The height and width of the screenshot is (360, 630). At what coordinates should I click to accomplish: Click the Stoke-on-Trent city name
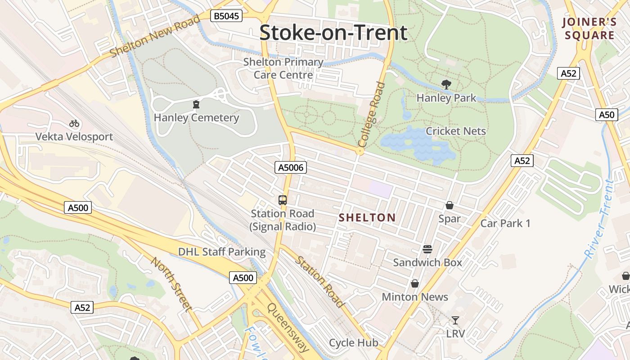[333, 33]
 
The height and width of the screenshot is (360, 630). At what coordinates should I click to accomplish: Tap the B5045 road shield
[226, 16]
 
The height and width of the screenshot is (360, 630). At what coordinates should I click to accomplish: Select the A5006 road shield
[291, 168]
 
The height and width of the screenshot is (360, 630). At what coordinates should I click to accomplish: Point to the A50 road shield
[606, 115]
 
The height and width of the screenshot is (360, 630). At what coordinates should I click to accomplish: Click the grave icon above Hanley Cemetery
[196, 105]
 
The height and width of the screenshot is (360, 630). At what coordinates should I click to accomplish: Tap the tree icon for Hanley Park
[446, 85]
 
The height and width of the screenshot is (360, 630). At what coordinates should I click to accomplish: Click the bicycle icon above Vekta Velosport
[74, 123]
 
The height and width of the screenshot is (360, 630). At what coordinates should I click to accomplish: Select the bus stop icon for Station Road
[283, 200]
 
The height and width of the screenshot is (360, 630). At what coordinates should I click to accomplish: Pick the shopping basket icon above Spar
[449, 206]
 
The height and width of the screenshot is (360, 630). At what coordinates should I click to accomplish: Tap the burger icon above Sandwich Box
[427, 249]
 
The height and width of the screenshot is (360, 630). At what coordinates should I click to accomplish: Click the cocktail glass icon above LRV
[455, 320]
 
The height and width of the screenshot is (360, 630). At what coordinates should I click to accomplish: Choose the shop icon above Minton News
[414, 283]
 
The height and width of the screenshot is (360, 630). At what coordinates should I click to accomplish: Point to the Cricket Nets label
[456, 131]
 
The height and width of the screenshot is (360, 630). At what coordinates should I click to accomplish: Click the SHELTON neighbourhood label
[367, 218]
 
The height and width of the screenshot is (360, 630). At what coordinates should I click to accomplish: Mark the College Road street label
[372, 114]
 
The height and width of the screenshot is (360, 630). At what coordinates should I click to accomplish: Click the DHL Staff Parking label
[222, 252]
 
